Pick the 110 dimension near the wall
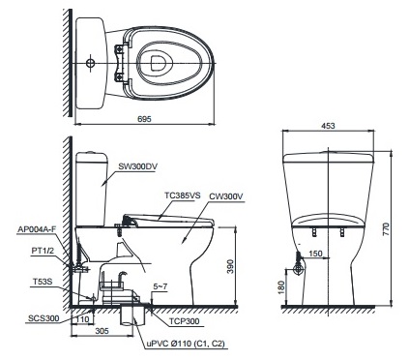pos(83,317)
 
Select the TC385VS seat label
pos(181,195)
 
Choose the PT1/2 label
pos(29,251)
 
